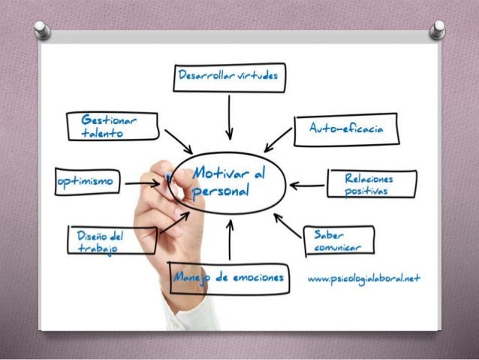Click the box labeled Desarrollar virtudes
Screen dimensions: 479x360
(228, 76)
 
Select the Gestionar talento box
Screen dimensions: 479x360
(110, 126)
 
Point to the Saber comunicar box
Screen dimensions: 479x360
(339, 240)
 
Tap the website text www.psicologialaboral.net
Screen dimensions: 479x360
(364, 278)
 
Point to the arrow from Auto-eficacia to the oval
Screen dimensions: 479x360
(279, 139)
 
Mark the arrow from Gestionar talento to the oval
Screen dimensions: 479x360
(178, 141)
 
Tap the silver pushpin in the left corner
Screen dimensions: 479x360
(44, 30)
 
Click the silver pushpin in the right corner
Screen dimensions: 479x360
(437, 30)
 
